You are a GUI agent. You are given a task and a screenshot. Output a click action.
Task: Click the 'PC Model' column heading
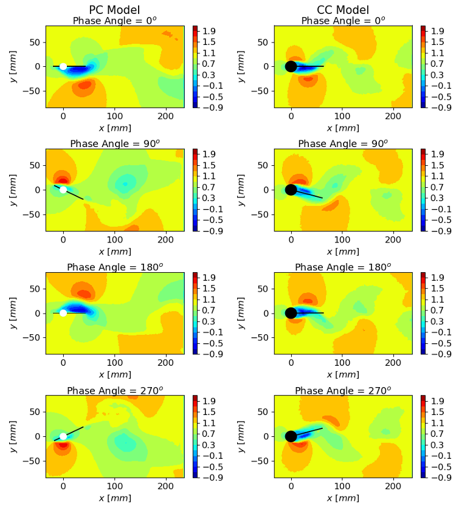click(115, 10)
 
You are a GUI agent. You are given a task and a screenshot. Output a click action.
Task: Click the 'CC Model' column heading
click(343, 10)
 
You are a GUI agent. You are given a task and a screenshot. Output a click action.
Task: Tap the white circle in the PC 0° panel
click(63, 66)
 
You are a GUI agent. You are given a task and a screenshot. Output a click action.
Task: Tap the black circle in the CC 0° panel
click(291, 66)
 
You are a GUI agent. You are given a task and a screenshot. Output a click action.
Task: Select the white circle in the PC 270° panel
click(63, 436)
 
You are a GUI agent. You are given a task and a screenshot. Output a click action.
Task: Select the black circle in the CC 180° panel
click(291, 313)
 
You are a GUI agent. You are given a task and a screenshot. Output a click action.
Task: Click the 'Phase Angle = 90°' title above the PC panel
click(115, 144)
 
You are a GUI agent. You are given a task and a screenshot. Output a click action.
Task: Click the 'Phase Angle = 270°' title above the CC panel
click(343, 391)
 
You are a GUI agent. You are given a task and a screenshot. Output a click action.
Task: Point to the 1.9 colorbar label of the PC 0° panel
click(207, 30)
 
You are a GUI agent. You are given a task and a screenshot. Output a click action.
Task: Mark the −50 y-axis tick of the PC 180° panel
click(34, 338)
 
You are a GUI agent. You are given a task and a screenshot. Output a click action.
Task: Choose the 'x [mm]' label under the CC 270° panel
click(343, 498)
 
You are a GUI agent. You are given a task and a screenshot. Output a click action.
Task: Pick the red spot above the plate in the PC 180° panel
click(82, 293)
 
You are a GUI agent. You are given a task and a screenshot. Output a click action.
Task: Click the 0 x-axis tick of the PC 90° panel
click(63, 241)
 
